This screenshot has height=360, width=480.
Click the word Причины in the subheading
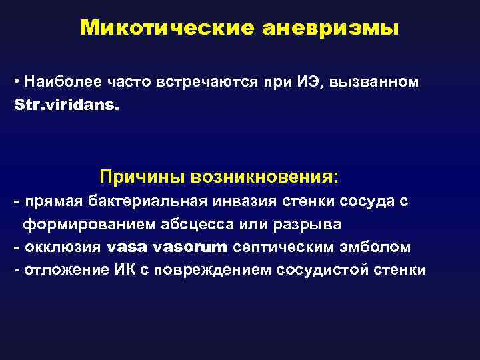pyautogui.click(x=141, y=177)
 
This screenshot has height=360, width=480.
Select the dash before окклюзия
pyautogui.click(x=15, y=247)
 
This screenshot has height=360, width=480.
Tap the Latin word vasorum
pyautogui.click(x=190, y=247)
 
